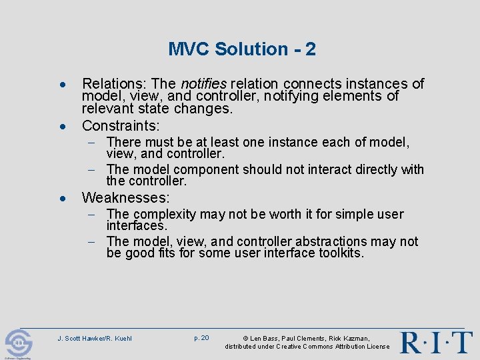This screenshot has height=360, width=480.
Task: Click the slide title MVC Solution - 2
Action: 241,49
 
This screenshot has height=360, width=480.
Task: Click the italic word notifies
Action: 203,84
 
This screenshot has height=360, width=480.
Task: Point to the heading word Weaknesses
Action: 125,198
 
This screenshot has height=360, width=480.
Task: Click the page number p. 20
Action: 201,338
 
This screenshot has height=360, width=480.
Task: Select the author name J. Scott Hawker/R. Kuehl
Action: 95,339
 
